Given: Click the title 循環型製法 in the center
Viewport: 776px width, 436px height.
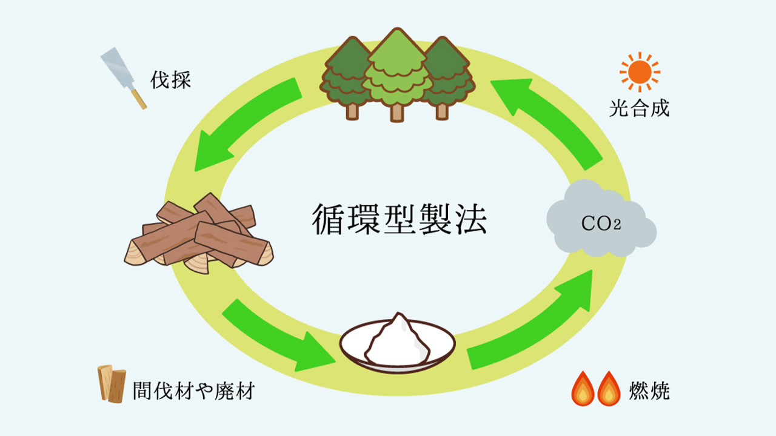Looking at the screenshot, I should click(399, 219).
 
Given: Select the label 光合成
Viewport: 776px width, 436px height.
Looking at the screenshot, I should click(639, 109).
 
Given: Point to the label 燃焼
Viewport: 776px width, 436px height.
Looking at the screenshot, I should click(649, 391).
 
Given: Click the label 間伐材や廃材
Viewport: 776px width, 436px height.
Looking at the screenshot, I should click(193, 391).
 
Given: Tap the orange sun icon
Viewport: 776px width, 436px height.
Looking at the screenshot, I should click(639, 72).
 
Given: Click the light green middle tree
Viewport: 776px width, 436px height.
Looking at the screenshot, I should click(396, 70).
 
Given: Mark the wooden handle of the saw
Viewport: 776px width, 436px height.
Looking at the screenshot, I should click(139, 99).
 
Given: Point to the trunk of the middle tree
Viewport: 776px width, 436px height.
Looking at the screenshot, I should click(397, 112).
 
